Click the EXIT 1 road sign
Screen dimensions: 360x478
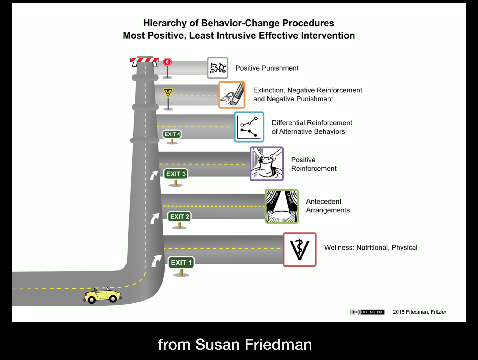pyautogui.click(x=181, y=262)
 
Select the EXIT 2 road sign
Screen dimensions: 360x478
pyautogui.click(x=179, y=216)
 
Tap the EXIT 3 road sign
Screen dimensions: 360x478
pyautogui.click(x=176, y=174)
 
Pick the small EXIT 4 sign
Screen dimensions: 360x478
pyautogui.click(x=172, y=134)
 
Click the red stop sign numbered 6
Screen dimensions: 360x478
pyautogui.click(x=167, y=62)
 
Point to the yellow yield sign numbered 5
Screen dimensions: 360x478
pyautogui.click(x=168, y=92)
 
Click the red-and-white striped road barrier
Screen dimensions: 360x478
pyautogui.click(x=144, y=60)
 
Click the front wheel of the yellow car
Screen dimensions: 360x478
pyautogui.click(x=113, y=298)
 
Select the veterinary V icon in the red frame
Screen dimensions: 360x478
pyautogui.click(x=299, y=250)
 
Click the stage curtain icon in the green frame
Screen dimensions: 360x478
pyautogui.click(x=282, y=206)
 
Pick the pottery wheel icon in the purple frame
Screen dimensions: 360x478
pyautogui.click(x=267, y=164)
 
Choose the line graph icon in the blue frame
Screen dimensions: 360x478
pyautogui.click(x=249, y=127)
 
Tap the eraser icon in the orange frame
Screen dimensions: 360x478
pyautogui.click(x=232, y=95)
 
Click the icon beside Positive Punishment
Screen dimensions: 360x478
pyautogui.click(x=217, y=68)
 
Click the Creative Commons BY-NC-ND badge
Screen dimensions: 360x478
pyautogui.click(x=368, y=312)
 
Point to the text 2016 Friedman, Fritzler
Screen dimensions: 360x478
pyautogui.click(x=419, y=312)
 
